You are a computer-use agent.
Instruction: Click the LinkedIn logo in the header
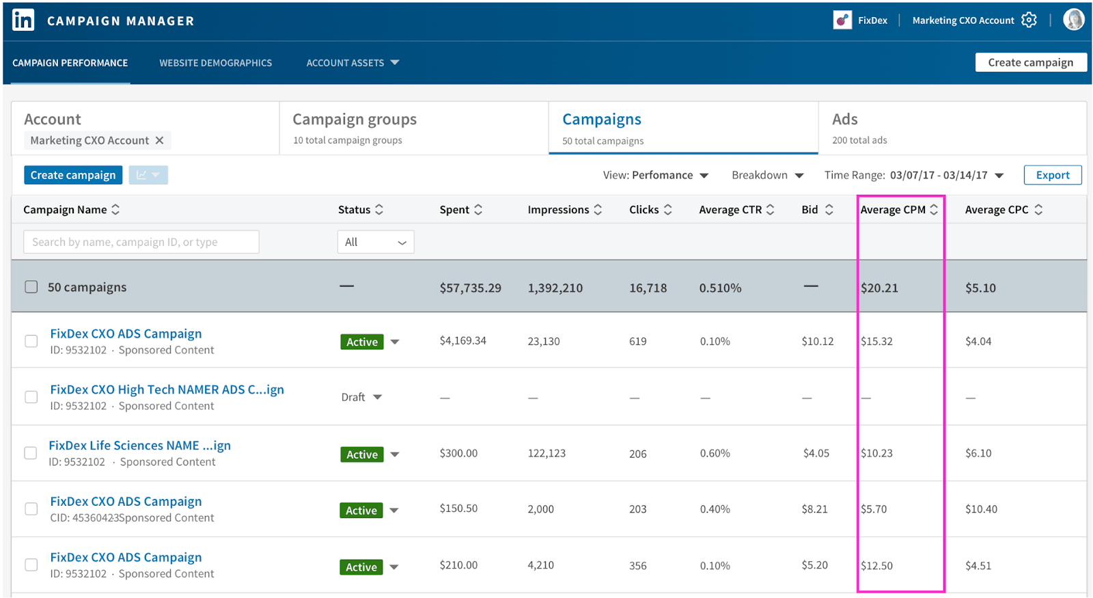(23, 20)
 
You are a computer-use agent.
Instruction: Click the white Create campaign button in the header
(1030, 62)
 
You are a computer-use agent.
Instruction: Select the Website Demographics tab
(215, 63)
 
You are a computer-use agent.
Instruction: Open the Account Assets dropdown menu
(352, 63)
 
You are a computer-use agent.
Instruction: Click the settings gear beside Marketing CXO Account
(1029, 21)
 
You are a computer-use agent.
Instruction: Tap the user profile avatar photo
(1073, 20)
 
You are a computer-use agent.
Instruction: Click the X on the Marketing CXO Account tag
(159, 140)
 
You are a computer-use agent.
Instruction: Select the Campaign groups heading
(354, 120)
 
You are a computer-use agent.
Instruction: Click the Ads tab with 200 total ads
(845, 120)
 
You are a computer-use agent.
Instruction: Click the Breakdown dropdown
(767, 176)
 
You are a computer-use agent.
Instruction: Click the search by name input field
(141, 242)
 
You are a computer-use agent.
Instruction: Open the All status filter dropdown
(375, 242)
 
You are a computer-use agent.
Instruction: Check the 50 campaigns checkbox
(31, 287)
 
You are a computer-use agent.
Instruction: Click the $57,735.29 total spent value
(470, 288)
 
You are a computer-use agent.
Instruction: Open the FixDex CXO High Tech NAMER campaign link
(167, 390)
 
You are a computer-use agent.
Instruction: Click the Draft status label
(353, 397)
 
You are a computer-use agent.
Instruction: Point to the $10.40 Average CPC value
(980, 509)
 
